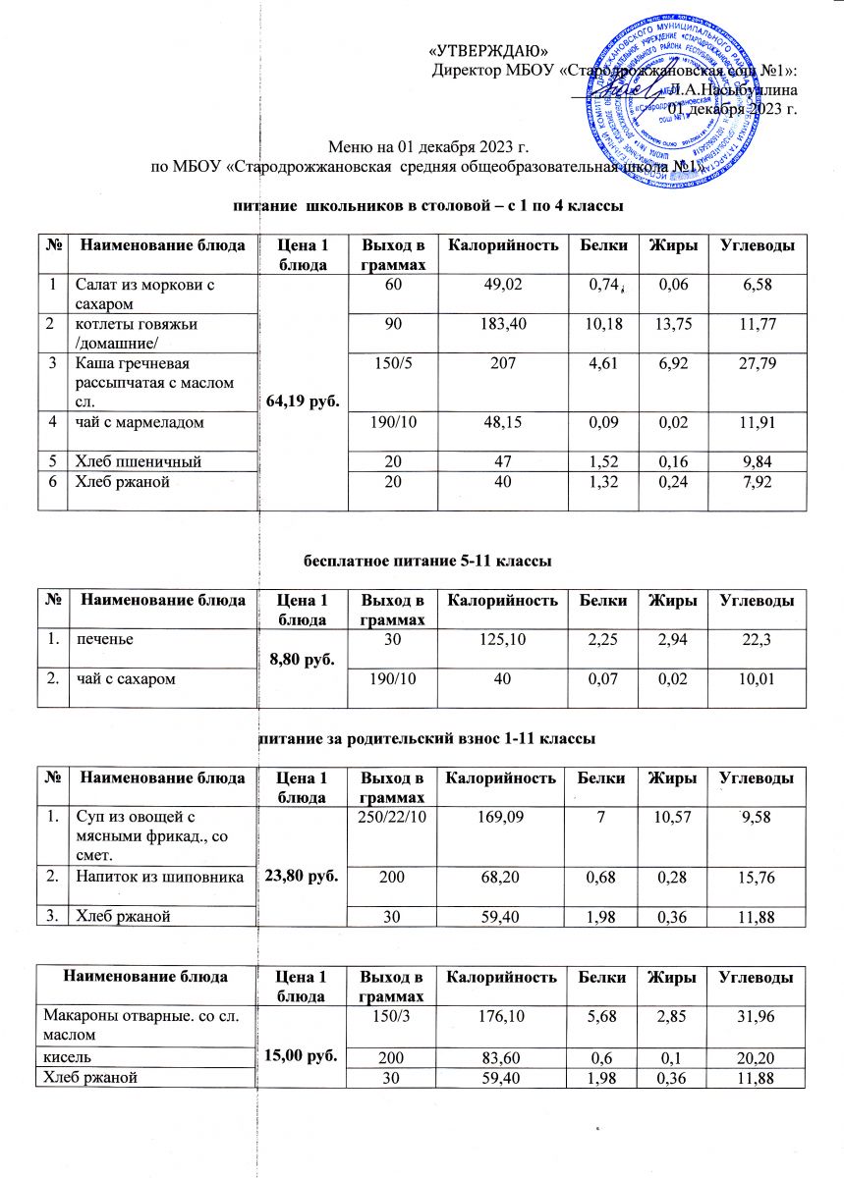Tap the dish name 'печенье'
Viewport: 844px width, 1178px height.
[x=102, y=638]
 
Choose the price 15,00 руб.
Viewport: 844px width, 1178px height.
[x=298, y=1048]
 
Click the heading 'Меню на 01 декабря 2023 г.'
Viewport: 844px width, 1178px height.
[x=427, y=147]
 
